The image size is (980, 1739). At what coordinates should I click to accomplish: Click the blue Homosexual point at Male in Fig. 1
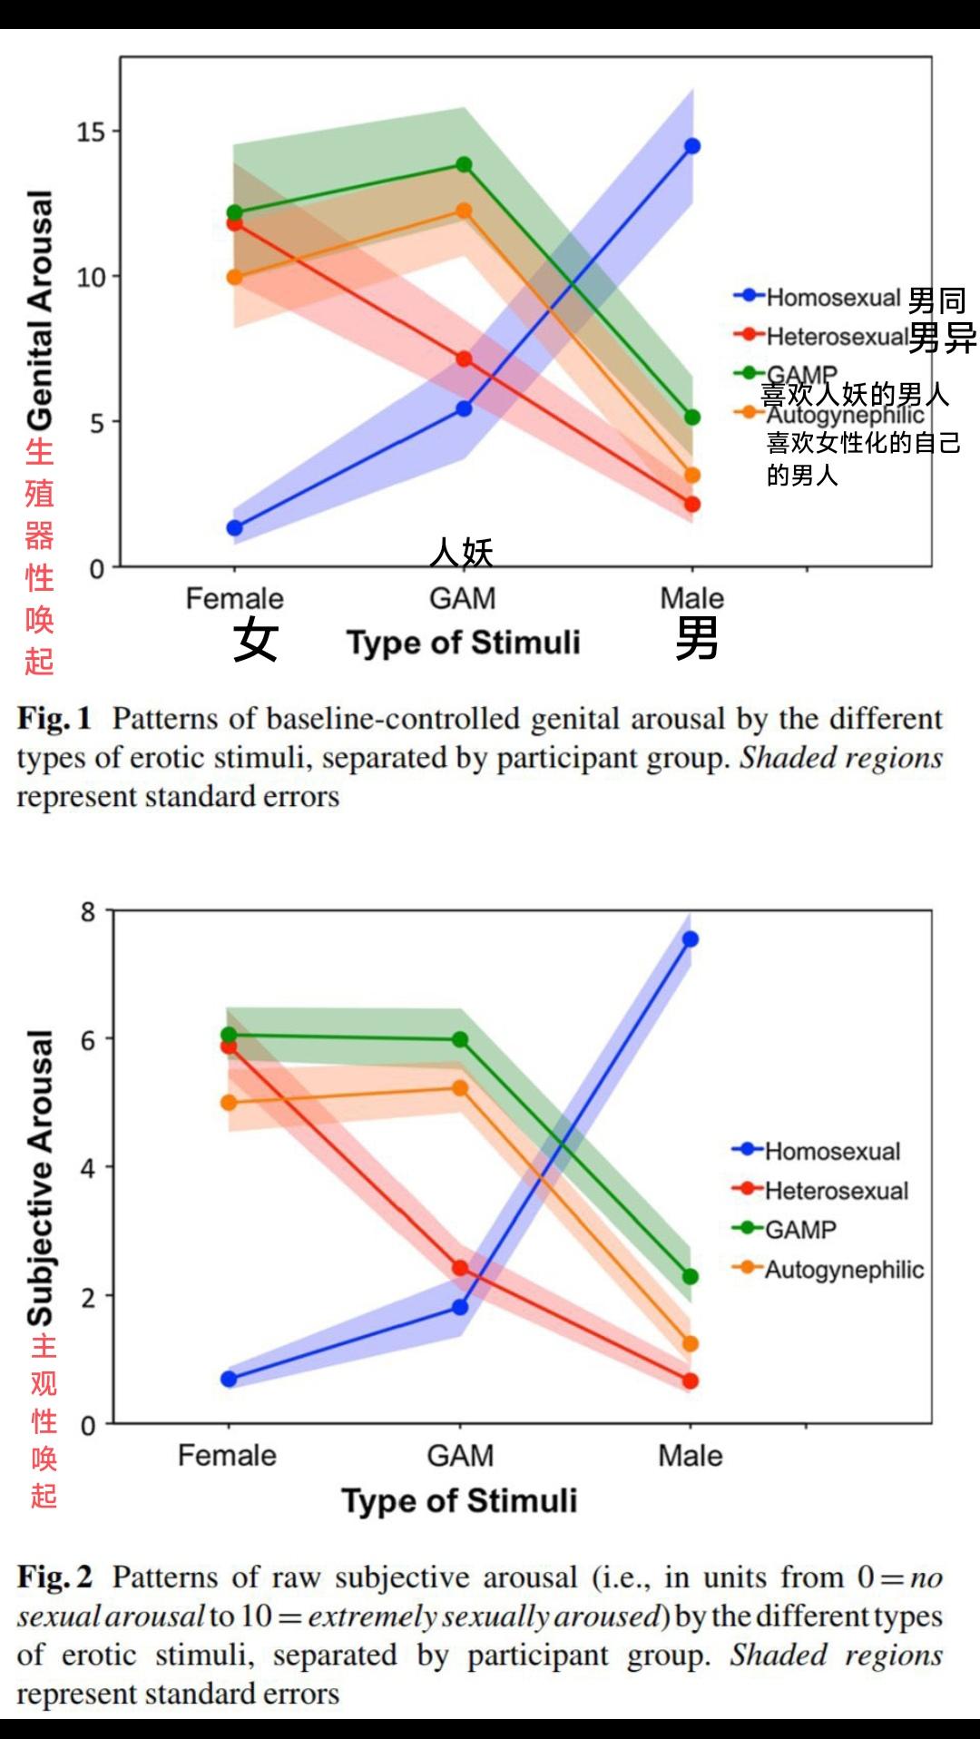pyautogui.click(x=692, y=146)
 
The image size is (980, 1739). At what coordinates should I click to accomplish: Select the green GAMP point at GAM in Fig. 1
pyautogui.click(x=464, y=164)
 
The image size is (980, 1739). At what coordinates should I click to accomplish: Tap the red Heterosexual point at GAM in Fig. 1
pyautogui.click(x=464, y=359)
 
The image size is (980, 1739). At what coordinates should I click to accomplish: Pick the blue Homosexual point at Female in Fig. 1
pyautogui.click(x=234, y=528)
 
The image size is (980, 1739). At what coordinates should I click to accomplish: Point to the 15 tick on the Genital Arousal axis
pyautogui.click(x=91, y=133)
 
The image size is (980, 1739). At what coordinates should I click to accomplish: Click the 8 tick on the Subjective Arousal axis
pyautogui.click(x=88, y=911)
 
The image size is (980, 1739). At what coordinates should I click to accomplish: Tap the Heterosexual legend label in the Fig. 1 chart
pyautogui.click(x=837, y=337)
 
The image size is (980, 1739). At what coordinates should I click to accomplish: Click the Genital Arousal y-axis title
pyautogui.click(x=40, y=309)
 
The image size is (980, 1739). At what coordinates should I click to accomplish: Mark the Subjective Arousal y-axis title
pyautogui.click(x=40, y=1177)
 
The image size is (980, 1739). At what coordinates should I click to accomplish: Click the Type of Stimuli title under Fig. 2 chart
pyautogui.click(x=459, y=1500)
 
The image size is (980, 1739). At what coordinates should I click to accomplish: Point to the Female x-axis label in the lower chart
pyautogui.click(x=227, y=1455)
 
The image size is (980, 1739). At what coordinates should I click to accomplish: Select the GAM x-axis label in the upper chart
pyautogui.click(x=463, y=598)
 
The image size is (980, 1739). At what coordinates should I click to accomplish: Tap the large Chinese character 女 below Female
pyautogui.click(x=255, y=640)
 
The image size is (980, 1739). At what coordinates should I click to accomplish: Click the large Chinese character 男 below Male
pyautogui.click(x=696, y=638)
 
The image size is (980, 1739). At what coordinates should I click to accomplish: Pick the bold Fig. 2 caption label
pyautogui.click(x=54, y=1577)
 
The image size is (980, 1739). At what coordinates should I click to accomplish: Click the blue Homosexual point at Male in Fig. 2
pyautogui.click(x=691, y=939)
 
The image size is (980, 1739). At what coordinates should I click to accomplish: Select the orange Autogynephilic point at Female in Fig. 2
pyautogui.click(x=229, y=1103)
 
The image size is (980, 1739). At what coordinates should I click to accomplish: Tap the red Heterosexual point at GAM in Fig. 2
pyautogui.click(x=460, y=1268)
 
